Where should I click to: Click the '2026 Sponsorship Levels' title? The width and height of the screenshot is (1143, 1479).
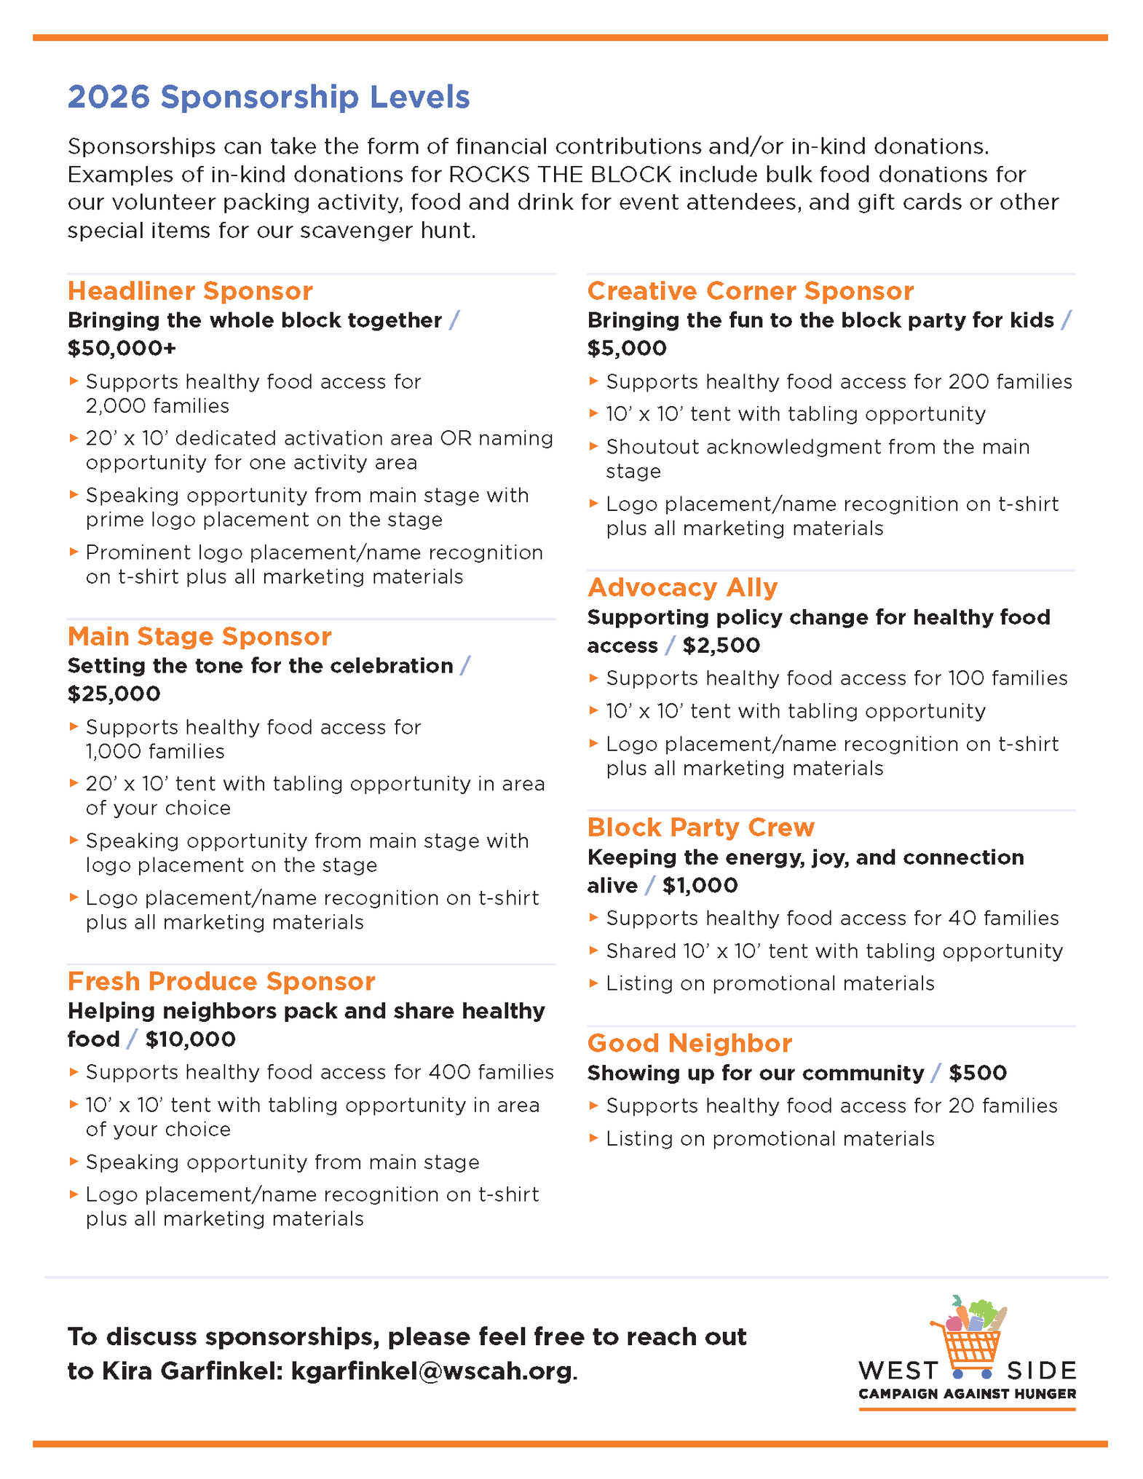pyautogui.click(x=269, y=98)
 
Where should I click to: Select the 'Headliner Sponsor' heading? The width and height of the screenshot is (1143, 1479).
pyautogui.click(x=190, y=291)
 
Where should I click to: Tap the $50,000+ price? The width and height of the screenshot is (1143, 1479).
pyautogui.click(x=122, y=349)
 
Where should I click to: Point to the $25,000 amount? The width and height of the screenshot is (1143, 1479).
pyautogui.click(x=114, y=694)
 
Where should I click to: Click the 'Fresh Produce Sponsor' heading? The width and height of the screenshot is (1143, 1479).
pyautogui.click(x=221, y=981)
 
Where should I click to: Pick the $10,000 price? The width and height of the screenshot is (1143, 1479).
pyautogui.click(x=190, y=1039)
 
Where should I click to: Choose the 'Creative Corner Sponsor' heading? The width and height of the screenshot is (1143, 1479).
pyautogui.click(x=750, y=291)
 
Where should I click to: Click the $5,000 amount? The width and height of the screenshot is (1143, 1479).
pyautogui.click(x=627, y=349)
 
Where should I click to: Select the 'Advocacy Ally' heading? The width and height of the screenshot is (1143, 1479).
pyautogui.click(x=682, y=587)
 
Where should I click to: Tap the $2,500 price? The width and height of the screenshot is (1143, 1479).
pyautogui.click(x=721, y=646)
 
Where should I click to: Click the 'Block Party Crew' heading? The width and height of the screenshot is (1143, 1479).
pyautogui.click(x=700, y=828)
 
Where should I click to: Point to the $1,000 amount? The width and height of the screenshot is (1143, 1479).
pyautogui.click(x=700, y=886)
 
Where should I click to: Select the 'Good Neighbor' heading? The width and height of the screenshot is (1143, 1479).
pyautogui.click(x=689, y=1044)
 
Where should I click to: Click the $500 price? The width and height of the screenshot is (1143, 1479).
pyautogui.click(x=978, y=1073)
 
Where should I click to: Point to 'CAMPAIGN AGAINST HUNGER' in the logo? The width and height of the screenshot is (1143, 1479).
pyautogui.click(x=967, y=1394)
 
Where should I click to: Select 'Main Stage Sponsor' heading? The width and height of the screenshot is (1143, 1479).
pyautogui.click(x=199, y=637)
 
